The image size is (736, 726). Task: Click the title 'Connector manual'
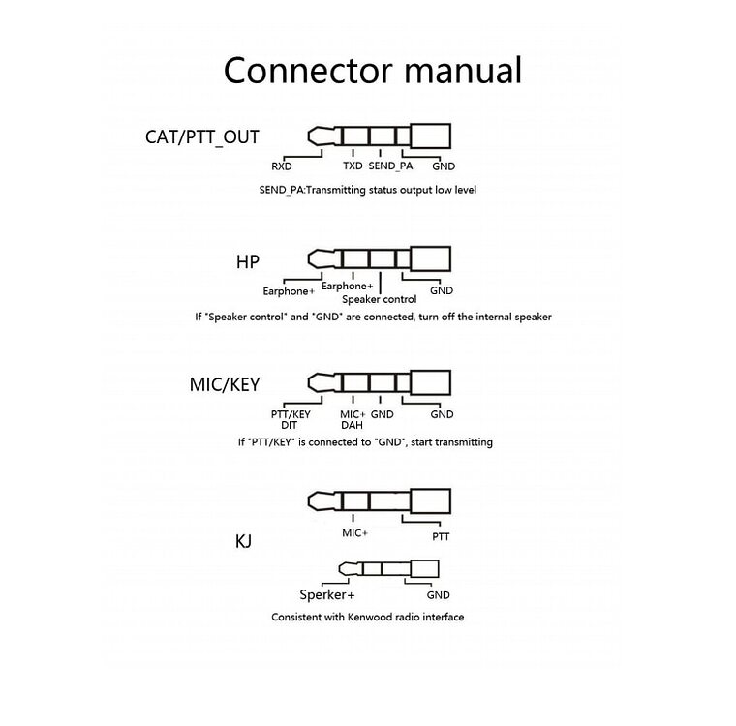(x=373, y=71)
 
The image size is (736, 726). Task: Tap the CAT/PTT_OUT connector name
(x=202, y=136)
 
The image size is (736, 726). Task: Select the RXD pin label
(x=282, y=166)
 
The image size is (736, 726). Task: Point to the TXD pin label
(x=353, y=166)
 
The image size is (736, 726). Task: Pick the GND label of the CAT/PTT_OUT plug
(x=444, y=166)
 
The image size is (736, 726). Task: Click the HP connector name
(x=248, y=262)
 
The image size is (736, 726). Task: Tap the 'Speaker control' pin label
(x=380, y=299)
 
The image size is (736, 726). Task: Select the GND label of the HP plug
(x=442, y=290)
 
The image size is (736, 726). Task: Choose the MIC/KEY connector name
(x=225, y=384)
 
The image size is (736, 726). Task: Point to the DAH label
(x=352, y=424)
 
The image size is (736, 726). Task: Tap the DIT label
(x=290, y=424)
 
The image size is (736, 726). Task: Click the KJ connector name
(x=243, y=541)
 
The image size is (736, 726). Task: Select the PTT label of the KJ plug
(x=442, y=535)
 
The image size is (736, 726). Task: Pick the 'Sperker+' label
(x=326, y=595)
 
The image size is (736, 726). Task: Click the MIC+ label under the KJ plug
(x=355, y=532)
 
